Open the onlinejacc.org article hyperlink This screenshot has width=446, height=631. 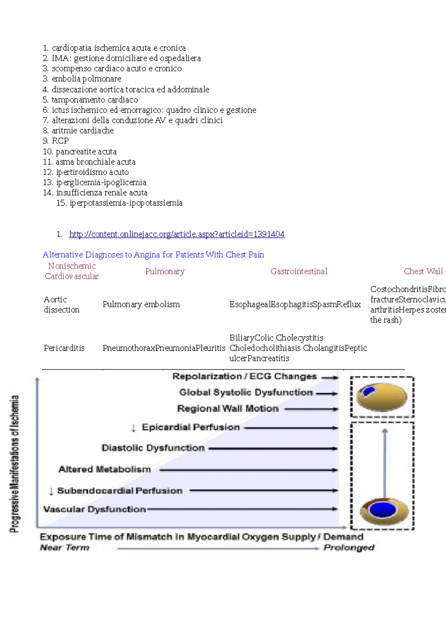177,234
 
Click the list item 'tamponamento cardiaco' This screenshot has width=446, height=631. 94,100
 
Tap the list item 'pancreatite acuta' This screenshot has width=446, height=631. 86,152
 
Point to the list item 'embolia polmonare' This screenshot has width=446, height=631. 86,79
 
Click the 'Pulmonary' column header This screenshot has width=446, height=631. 165,271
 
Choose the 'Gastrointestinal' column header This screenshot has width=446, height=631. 299,271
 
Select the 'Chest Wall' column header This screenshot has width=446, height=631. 423,271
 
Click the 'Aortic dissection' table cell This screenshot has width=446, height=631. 61,304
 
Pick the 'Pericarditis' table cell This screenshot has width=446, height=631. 64,348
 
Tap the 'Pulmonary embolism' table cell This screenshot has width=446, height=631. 141,304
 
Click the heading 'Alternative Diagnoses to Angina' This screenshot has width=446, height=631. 153,255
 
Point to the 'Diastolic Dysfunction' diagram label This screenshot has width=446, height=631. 153,448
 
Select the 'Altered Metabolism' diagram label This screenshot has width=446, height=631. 104,469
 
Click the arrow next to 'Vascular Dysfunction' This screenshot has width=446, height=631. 242,509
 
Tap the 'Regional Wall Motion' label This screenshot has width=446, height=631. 227,409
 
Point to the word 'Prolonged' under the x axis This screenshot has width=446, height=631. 349,547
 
